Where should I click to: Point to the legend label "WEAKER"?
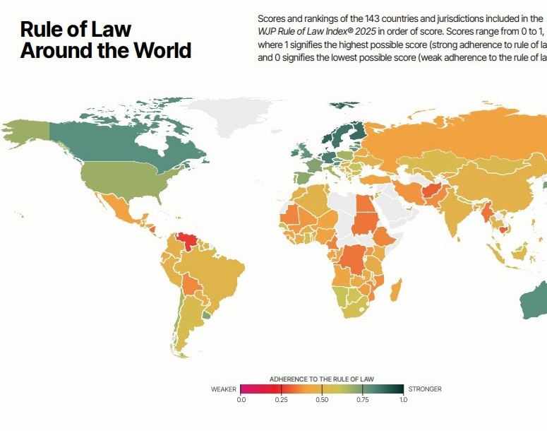pyautogui.click(x=224, y=389)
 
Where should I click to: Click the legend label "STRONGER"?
pyautogui.click(x=425, y=389)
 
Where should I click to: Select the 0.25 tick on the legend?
pyautogui.click(x=282, y=400)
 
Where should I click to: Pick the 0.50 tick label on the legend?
pyautogui.click(x=322, y=400)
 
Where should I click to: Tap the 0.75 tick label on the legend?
pyautogui.click(x=363, y=400)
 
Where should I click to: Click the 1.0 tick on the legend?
pyautogui.click(x=403, y=400)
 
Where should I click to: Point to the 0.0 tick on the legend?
pyautogui.click(x=241, y=400)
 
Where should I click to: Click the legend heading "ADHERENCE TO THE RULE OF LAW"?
pyautogui.click(x=322, y=379)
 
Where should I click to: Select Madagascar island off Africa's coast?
pyautogui.click(x=396, y=290)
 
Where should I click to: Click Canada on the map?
pyautogui.click(x=134, y=141)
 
